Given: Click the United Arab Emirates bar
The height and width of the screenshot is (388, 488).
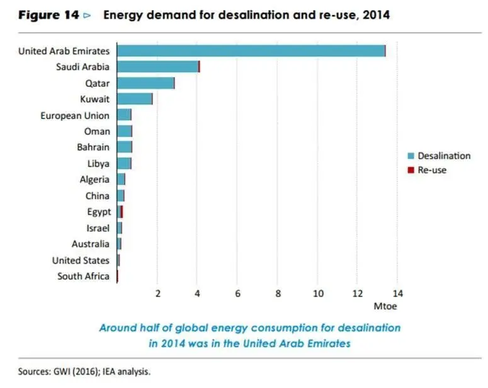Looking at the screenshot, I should coord(251,51).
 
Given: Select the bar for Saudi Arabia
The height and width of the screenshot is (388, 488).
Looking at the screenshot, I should coord(157,66).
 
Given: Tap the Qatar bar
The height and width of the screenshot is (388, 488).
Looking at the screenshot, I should coord(145,83).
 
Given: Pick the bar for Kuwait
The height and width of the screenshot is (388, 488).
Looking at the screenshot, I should coord(134,99).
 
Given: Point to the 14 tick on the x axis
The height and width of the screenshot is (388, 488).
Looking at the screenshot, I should coord(397,293).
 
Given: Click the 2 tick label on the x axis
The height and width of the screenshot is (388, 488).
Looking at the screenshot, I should coord(157,293).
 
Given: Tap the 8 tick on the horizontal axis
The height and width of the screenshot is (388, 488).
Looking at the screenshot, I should coord(278,293).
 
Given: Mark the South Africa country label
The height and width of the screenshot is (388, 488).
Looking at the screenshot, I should coord(83,276).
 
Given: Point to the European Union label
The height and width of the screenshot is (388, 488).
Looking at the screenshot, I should coord(75,115).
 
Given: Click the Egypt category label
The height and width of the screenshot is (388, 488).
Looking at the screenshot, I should coord(99,212).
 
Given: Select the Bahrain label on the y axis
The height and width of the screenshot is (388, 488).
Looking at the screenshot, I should coord(93,147).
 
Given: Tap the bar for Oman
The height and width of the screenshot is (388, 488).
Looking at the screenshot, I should coord(124,131).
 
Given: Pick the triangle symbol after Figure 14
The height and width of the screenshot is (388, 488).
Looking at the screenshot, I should coord(87,15).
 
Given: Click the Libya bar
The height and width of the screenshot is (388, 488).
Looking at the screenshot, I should coord(123,163).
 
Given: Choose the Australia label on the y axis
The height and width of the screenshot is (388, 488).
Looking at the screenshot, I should coord(91,244).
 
